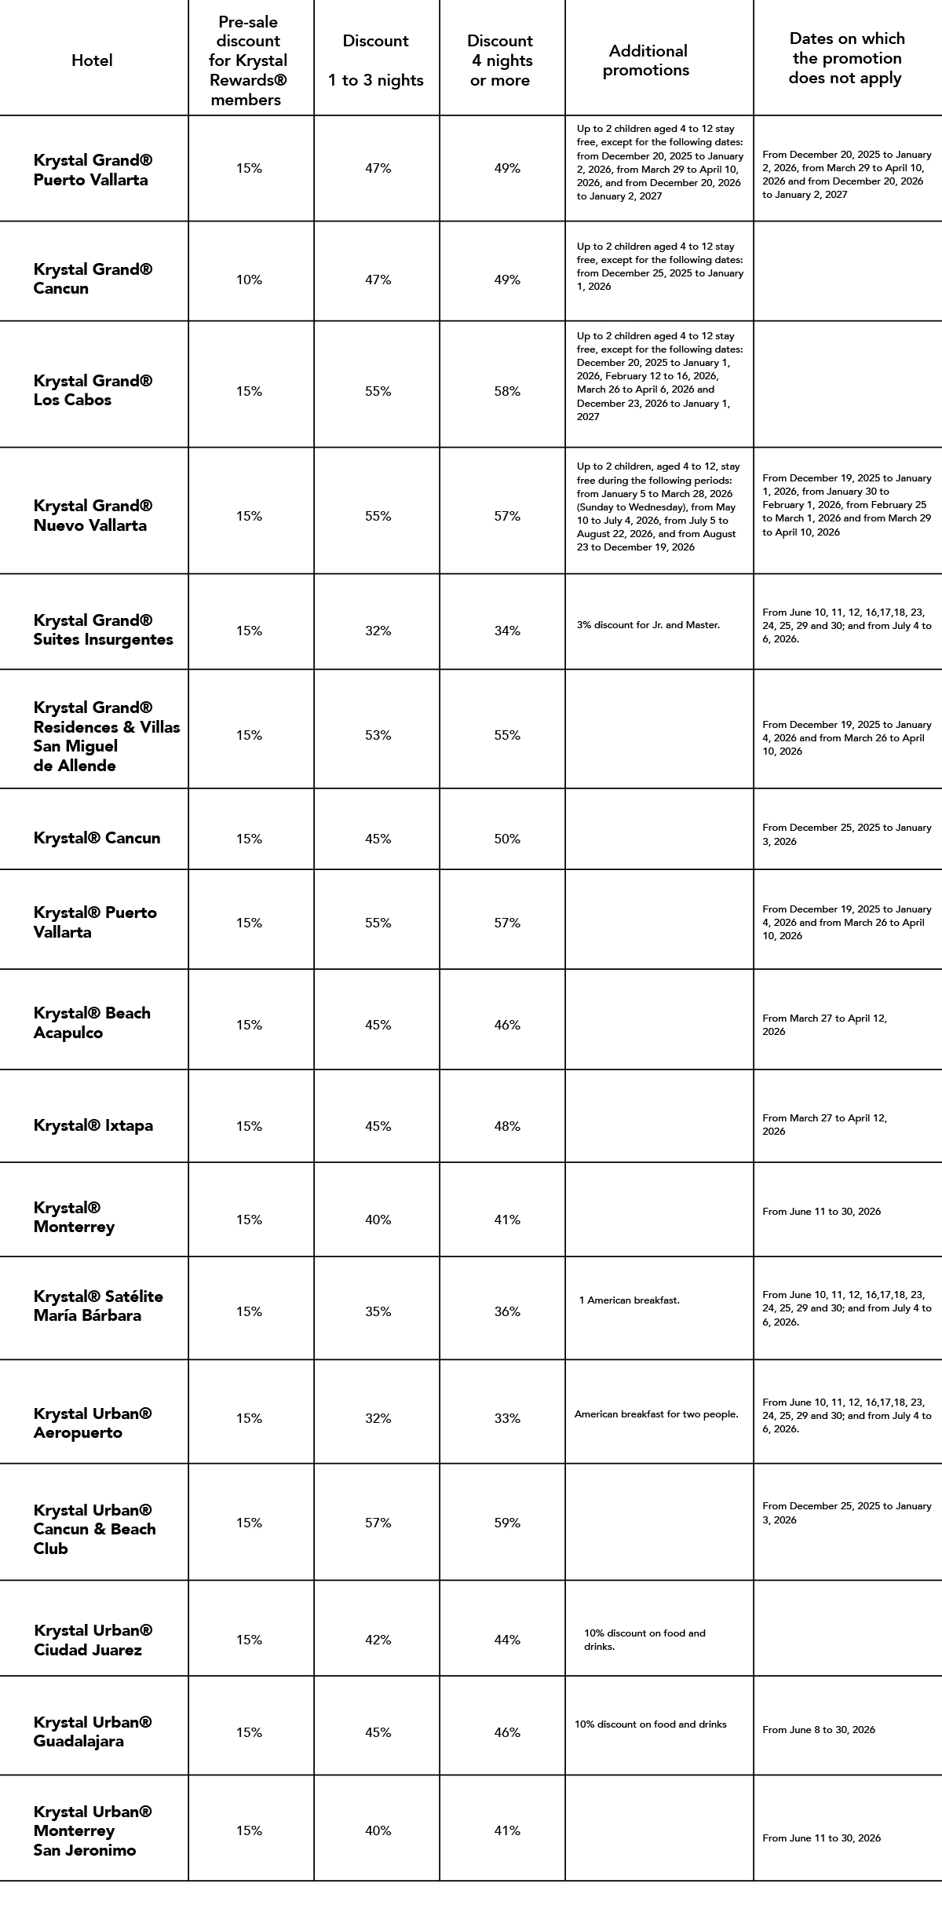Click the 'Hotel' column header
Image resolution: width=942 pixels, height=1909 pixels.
click(x=92, y=60)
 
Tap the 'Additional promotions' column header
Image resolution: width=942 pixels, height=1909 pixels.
click(x=647, y=60)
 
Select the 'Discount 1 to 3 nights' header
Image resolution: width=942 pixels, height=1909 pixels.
click(x=376, y=60)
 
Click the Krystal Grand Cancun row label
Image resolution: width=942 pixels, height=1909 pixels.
click(x=93, y=279)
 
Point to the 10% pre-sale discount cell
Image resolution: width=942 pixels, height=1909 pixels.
click(x=249, y=280)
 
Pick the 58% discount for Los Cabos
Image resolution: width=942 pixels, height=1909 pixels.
click(x=507, y=392)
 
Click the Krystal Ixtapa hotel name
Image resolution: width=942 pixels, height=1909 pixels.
click(x=93, y=1125)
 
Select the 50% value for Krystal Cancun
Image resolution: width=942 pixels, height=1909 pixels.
click(x=507, y=839)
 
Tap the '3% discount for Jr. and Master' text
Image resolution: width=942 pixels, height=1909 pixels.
click(x=648, y=625)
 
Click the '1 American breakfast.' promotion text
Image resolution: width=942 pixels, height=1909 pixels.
click(x=629, y=1300)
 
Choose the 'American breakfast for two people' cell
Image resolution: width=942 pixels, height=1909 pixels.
click(x=656, y=1414)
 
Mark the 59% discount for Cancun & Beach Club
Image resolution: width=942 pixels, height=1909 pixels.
click(x=507, y=1523)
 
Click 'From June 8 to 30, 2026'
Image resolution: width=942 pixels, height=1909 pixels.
click(x=818, y=1730)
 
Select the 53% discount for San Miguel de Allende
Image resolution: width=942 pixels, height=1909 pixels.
click(x=378, y=735)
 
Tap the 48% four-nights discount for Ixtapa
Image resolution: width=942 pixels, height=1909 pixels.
click(x=507, y=1126)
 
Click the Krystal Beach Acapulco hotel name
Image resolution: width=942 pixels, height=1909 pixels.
click(x=92, y=1022)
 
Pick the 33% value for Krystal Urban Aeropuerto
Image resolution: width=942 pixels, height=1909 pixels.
click(x=507, y=1418)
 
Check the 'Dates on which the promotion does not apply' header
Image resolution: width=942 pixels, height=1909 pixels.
click(x=846, y=58)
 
